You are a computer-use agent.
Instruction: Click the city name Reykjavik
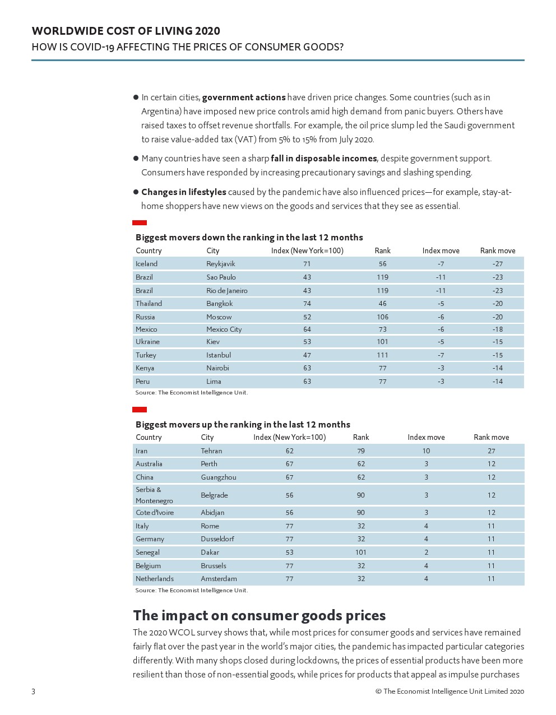(x=220, y=264)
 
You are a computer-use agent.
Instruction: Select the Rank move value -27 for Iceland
(x=497, y=264)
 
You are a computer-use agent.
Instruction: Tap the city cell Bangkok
(x=219, y=304)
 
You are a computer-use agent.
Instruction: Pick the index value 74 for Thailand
(x=307, y=304)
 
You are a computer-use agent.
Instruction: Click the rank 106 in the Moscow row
(x=382, y=317)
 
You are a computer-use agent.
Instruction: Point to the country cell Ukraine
(x=147, y=342)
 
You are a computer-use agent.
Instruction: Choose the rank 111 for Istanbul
(x=382, y=355)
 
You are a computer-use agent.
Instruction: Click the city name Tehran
(x=211, y=451)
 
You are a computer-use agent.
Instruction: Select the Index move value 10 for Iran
(x=426, y=451)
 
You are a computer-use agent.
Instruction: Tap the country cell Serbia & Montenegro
(x=154, y=495)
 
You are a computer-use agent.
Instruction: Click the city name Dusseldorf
(x=217, y=539)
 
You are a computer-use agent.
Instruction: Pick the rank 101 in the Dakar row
(x=360, y=552)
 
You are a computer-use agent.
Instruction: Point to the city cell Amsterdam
(x=219, y=579)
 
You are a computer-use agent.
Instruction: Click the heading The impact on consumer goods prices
(x=259, y=616)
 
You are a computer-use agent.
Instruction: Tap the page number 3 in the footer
(x=33, y=691)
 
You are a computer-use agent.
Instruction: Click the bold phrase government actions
(x=244, y=97)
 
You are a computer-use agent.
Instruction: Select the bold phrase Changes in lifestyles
(x=184, y=192)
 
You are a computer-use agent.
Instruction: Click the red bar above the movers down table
(x=140, y=223)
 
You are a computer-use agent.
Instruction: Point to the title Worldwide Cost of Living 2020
(x=126, y=31)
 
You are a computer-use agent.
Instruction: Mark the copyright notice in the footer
(x=450, y=691)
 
